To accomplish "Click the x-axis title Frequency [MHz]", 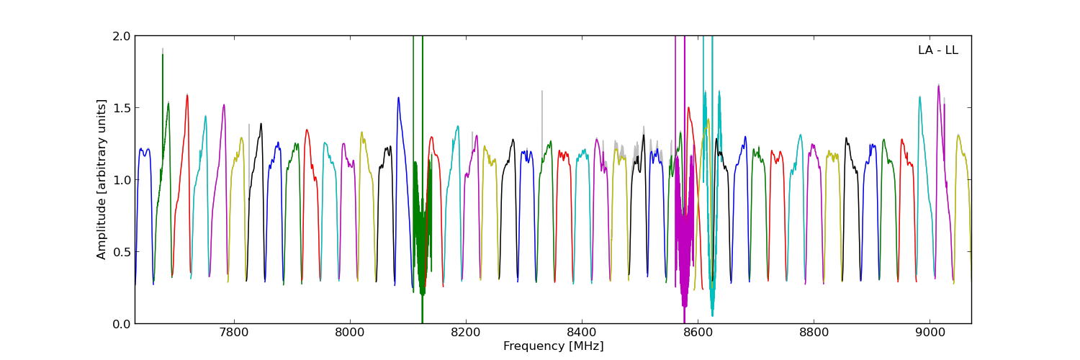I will [553, 346].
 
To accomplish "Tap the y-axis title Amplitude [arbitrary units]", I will [102, 179].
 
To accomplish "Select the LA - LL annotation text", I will [937, 50].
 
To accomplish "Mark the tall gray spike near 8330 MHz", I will [542, 92].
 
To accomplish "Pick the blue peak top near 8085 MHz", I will [398, 98].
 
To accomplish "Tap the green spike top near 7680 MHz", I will [163, 55].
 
